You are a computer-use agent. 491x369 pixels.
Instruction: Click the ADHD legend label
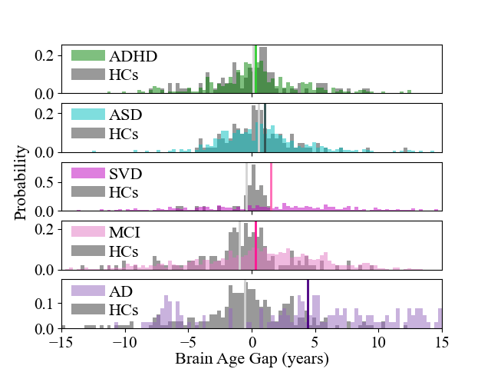pos(133,56)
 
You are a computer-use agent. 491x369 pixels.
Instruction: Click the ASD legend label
pos(126,115)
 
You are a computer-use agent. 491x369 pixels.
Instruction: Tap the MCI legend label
pos(126,231)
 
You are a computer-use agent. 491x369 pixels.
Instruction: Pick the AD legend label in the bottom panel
pos(120,291)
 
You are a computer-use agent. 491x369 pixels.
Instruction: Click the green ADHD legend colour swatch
pos(87,56)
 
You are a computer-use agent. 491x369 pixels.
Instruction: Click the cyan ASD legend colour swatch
pos(87,115)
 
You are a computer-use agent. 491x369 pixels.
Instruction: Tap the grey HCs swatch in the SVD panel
pos(87,191)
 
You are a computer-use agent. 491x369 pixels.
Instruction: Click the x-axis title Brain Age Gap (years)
pos(252,359)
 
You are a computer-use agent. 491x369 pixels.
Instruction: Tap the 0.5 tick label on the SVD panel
pos(44,186)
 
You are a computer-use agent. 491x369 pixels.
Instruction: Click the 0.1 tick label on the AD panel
pos(44,303)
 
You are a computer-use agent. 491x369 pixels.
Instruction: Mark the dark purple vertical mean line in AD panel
pos(308,304)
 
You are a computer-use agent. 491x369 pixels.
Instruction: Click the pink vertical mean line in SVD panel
pos(271,187)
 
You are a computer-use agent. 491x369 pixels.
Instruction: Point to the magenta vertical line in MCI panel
pos(255,245)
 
